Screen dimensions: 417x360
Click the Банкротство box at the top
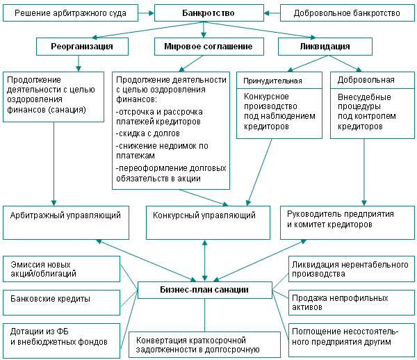click(x=209, y=13)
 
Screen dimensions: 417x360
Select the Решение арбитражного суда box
click(x=70, y=13)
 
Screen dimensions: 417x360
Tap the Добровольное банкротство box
click(x=347, y=13)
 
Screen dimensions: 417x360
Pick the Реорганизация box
click(x=82, y=47)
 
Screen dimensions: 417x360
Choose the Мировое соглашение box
click(x=209, y=47)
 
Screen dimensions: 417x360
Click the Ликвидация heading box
click(x=325, y=47)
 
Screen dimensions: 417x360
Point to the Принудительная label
click(x=272, y=81)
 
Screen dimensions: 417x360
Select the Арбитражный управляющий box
click(x=66, y=222)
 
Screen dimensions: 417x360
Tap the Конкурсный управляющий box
click(x=208, y=222)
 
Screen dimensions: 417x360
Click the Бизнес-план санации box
click(x=205, y=290)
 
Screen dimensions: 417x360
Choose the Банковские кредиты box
click(x=61, y=302)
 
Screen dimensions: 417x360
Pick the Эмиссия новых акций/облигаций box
click(x=61, y=269)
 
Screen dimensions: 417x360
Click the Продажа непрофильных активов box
click(x=352, y=302)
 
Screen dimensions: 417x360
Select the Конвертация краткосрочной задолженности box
click(x=204, y=345)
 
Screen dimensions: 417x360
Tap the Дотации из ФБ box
click(x=61, y=341)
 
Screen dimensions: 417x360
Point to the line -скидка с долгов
click(x=148, y=133)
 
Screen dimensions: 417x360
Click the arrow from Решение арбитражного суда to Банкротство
click(x=146, y=13)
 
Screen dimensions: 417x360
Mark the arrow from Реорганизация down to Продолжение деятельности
click(x=78, y=63)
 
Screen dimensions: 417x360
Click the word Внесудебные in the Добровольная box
click(x=364, y=97)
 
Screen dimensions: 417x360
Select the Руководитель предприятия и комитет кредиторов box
click(x=347, y=222)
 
